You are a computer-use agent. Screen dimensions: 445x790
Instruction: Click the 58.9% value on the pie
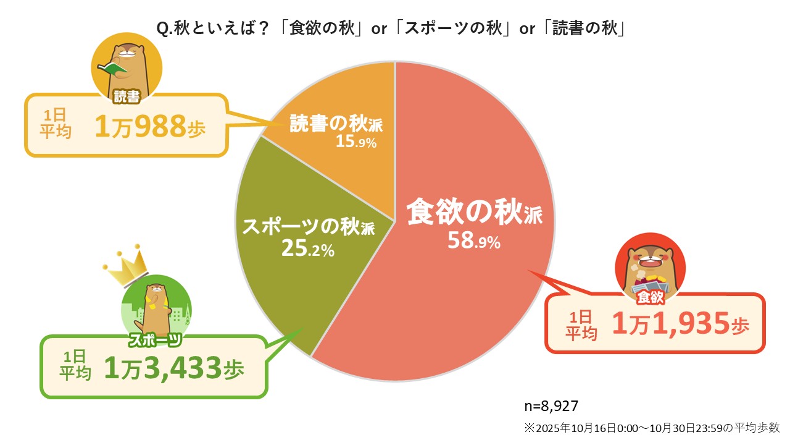474,241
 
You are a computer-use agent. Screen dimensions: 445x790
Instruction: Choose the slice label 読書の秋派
336,124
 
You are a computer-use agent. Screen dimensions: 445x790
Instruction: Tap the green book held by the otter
112,69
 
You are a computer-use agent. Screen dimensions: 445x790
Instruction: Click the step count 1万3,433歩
174,369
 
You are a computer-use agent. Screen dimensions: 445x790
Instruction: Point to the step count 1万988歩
150,126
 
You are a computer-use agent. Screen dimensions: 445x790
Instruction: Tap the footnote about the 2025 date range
652,427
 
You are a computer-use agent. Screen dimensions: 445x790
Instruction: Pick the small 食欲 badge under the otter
651,297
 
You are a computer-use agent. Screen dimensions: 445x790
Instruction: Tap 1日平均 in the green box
75,366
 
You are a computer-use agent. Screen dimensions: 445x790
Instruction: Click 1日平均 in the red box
581,325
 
